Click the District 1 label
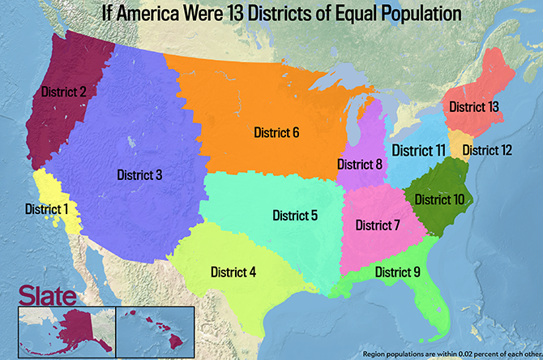pos(46,208)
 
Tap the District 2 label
pos(60,92)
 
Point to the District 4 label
pos(233,272)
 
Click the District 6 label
pos(276,131)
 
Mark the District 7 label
pos(378,225)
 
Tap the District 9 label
pos(397,272)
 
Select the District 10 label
pos(439,199)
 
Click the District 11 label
pos(418,150)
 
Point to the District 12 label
pos(487,149)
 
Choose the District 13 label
pos(474,106)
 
